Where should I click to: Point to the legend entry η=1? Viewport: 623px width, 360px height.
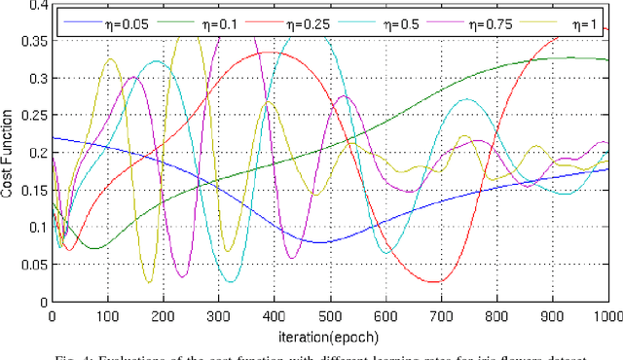[568, 18]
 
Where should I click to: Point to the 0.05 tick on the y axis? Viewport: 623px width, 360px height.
[34, 265]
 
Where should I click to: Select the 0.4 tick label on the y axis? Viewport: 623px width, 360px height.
[37, 5]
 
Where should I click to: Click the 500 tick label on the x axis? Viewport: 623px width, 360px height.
[330, 316]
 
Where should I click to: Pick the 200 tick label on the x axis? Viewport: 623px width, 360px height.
[163, 316]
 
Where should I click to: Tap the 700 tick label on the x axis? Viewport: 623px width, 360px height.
[441, 316]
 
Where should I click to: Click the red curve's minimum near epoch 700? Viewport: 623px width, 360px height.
[437, 282]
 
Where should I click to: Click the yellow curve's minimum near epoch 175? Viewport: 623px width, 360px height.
[149, 283]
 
